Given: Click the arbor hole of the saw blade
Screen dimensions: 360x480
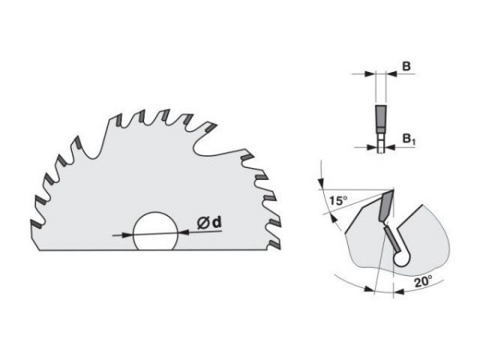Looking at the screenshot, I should click(x=156, y=233).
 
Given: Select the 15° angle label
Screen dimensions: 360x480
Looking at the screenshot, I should click(x=337, y=199).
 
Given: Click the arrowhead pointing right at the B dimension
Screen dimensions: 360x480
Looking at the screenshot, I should click(x=370, y=75).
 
